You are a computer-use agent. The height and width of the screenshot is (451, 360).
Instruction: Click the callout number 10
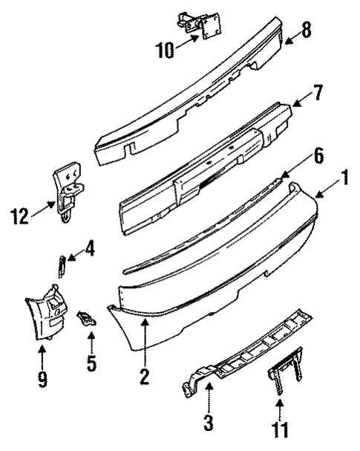pyautogui.click(x=165, y=51)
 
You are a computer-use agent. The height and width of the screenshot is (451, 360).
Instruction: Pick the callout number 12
pyautogui.click(x=20, y=218)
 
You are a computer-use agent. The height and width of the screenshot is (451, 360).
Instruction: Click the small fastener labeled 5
pyautogui.click(x=88, y=319)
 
